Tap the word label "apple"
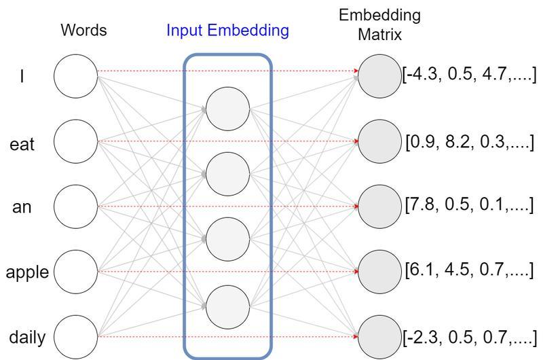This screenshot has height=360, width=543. point(27,272)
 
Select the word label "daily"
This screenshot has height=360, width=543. point(27,337)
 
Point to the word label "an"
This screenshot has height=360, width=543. point(22,208)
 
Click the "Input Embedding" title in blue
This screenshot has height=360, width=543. point(228,31)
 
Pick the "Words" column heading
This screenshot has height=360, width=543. point(83,31)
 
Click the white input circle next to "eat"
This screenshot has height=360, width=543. point(76,142)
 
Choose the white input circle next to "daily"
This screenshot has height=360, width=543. point(76,336)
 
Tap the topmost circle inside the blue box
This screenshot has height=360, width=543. point(227,109)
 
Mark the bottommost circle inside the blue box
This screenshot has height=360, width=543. point(227,304)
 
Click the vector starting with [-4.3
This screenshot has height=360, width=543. point(470,73)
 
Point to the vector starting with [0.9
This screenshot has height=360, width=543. point(470,143)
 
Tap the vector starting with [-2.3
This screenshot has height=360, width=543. point(470,336)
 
